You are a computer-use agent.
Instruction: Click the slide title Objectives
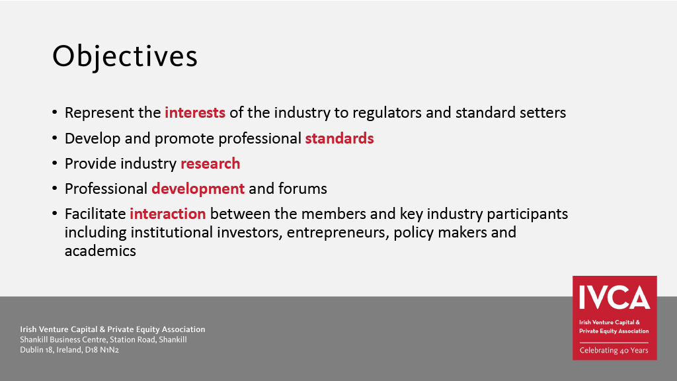point(125,57)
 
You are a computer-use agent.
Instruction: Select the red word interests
point(195,112)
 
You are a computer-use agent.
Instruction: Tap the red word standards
point(339,138)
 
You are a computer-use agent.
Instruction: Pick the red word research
point(210,164)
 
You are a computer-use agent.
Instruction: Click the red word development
point(198,189)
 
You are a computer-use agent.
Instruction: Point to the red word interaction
point(168,214)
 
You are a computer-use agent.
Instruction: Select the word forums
point(303,189)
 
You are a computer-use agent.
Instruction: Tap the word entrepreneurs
point(338,233)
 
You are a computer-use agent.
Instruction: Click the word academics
point(100,251)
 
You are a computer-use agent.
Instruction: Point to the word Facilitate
point(95,214)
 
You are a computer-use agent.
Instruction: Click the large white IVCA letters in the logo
point(614,297)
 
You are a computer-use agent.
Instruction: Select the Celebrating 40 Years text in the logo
point(614,351)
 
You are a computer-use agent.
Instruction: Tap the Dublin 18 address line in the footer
point(69,350)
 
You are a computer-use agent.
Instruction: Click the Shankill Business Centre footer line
point(103,339)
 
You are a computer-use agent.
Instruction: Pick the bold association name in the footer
point(112,329)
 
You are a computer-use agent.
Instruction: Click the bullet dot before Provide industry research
point(54,164)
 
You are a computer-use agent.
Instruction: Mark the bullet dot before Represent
point(54,112)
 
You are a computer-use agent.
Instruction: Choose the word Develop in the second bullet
point(93,139)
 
